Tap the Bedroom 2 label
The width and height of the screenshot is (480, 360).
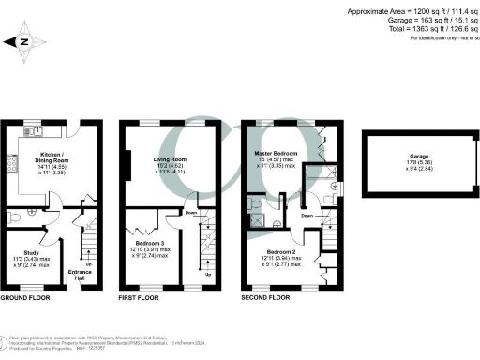(x=279, y=252)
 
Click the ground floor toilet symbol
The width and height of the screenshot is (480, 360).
(x=13, y=217)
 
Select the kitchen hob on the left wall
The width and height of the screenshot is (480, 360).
(x=12, y=164)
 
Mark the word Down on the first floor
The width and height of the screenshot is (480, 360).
(x=191, y=212)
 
